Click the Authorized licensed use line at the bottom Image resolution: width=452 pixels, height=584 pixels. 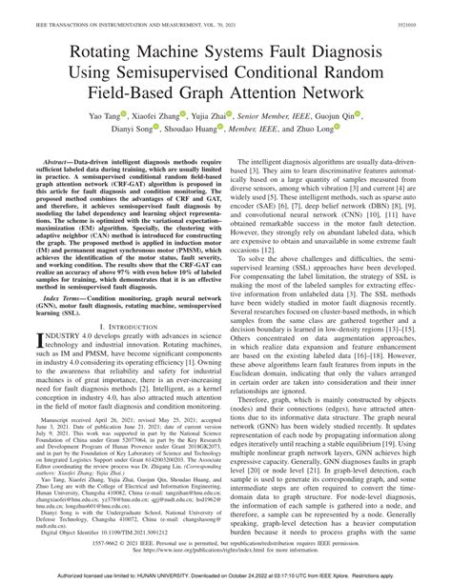pyautogui.click(x=226, y=575)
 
